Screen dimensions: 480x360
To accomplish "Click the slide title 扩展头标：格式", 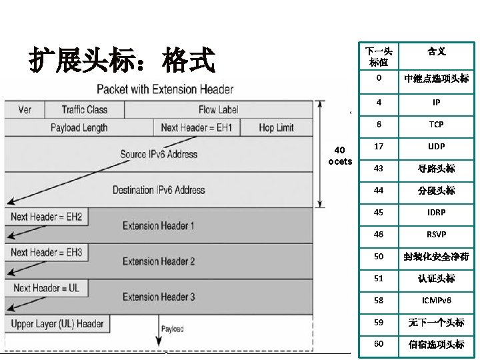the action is pyautogui.click(x=121, y=60).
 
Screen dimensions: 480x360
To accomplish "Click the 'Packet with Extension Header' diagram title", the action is pyautogui.click(x=165, y=89).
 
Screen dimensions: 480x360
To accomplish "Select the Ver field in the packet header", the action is pyautogui.click(x=25, y=109).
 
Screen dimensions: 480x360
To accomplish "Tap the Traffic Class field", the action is pyautogui.click(x=84, y=109).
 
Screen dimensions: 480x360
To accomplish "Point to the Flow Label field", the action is pyautogui.click(x=218, y=109).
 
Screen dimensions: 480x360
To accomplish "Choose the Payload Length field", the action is pyautogui.click(x=79, y=127).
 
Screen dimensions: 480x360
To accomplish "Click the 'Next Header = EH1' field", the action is pyautogui.click(x=197, y=127).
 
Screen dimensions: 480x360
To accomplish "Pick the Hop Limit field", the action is pyautogui.click(x=276, y=127).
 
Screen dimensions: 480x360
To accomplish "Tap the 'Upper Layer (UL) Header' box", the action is pyautogui.click(x=57, y=324).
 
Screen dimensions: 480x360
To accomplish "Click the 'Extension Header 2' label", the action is pyautogui.click(x=159, y=261).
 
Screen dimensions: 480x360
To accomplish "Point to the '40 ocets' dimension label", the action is pyautogui.click(x=340, y=155).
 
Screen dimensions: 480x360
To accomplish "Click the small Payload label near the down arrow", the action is pyautogui.click(x=172, y=329).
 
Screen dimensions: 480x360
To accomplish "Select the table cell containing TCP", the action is pyautogui.click(x=436, y=125).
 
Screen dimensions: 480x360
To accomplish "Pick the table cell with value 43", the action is pyautogui.click(x=379, y=169).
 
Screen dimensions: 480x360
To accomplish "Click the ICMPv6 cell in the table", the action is pyautogui.click(x=436, y=301).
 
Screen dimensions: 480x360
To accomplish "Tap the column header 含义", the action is pyautogui.click(x=436, y=51).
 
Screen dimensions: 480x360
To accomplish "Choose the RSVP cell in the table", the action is pyautogui.click(x=436, y=235).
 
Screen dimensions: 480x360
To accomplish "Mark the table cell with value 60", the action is pyautogui.click(x=379, y=344).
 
